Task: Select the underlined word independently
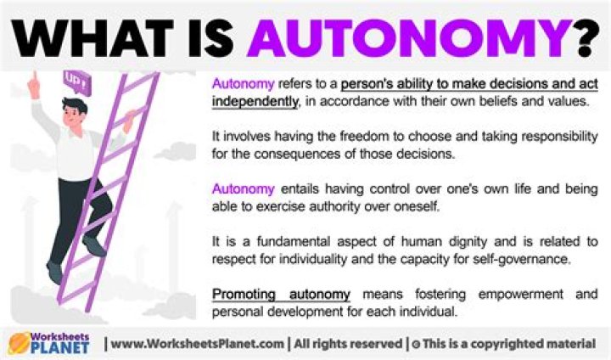(x=254, y=102)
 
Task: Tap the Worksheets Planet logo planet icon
(x=19, y=342)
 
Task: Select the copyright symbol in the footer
(x=414, y=343)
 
